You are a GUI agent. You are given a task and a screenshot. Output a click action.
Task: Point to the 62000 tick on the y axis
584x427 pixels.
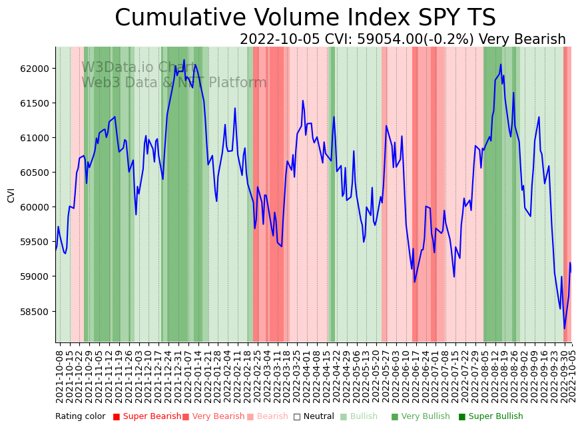(x=33, y=69)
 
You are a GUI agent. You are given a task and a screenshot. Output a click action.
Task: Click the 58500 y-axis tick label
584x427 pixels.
(x=33, y=311)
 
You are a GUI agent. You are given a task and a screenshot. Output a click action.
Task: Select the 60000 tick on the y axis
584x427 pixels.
(x=33, y=207)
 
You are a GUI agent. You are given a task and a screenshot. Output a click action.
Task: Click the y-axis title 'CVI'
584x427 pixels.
(x=11, y=195)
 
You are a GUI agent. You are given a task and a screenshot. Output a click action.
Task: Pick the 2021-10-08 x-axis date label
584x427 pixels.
(x=59, y=376)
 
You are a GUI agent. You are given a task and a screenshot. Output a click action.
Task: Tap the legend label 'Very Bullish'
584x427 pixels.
(x=425, y=416)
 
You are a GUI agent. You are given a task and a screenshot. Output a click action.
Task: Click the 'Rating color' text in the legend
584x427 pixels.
(x=80, y=416)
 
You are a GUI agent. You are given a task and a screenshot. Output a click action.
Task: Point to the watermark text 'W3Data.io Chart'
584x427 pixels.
(x=139, y=67)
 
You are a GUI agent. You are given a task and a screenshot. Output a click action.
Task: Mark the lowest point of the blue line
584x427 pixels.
(x=564, y=328)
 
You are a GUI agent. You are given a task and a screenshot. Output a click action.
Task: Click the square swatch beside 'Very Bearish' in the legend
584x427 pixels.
(x=186, y=417)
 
